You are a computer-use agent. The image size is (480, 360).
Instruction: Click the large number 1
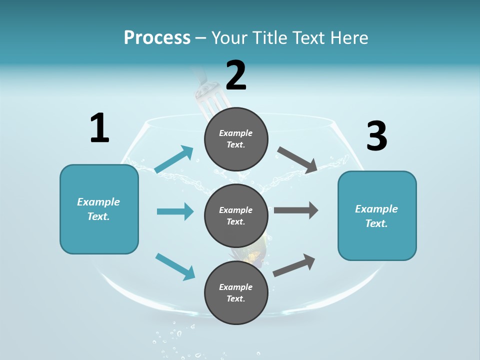99,128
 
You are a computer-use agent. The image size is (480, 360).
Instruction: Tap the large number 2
236,75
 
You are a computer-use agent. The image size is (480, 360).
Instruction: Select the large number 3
376,136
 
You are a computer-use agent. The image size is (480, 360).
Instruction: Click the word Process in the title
157,37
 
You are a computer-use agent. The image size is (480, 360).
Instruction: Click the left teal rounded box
99,209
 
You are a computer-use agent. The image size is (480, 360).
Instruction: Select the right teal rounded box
377,216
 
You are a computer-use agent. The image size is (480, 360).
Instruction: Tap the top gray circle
236,138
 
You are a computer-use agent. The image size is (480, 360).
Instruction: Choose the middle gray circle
236,215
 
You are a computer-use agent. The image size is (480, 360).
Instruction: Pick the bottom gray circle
236,292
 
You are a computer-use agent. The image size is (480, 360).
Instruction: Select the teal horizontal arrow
175,211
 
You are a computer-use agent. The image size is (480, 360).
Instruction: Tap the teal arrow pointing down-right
175,266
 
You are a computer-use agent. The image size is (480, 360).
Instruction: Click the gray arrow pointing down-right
297,159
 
